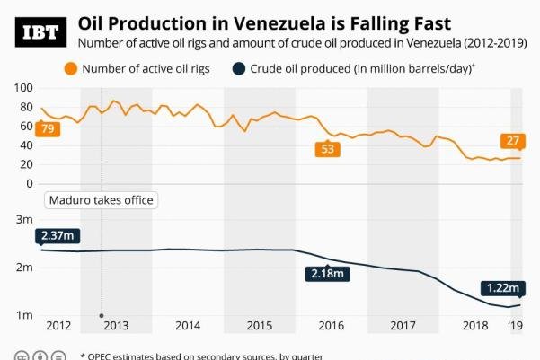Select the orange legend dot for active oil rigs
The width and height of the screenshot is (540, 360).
click(x=69, y=69)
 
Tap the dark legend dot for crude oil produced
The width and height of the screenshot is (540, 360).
click(x=239, y=69)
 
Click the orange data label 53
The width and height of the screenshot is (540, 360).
click(x=327, y=149)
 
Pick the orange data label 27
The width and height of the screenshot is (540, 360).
click(x=515, y=141)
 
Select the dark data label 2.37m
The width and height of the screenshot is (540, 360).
click(x=58, y=236)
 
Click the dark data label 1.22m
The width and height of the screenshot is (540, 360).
click(x=501, y=288)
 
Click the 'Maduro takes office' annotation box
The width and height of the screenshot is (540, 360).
click(x=101, y=200)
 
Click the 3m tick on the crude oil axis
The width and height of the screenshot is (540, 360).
click(x=24, y=219)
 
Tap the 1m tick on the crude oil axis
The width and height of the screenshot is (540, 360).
click(x=24, y=315)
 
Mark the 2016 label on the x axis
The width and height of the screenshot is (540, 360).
click(x=331, y=326)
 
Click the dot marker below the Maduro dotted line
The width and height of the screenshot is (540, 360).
click(x=102, y=316)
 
